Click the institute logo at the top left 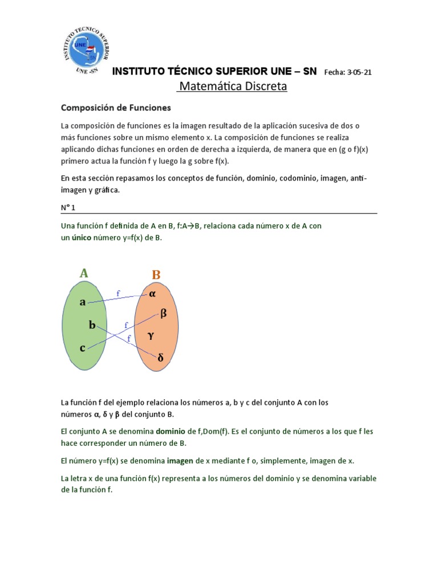(86, 51)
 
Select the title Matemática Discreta (232, 87)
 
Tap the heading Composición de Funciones (116, 107)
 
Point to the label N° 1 (69, 208)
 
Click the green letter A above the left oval (84, 273)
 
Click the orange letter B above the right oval (156, 275)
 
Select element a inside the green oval (82, 302)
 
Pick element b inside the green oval (92, 325)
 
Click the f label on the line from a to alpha (118, 293)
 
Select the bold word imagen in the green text (179, 461)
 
